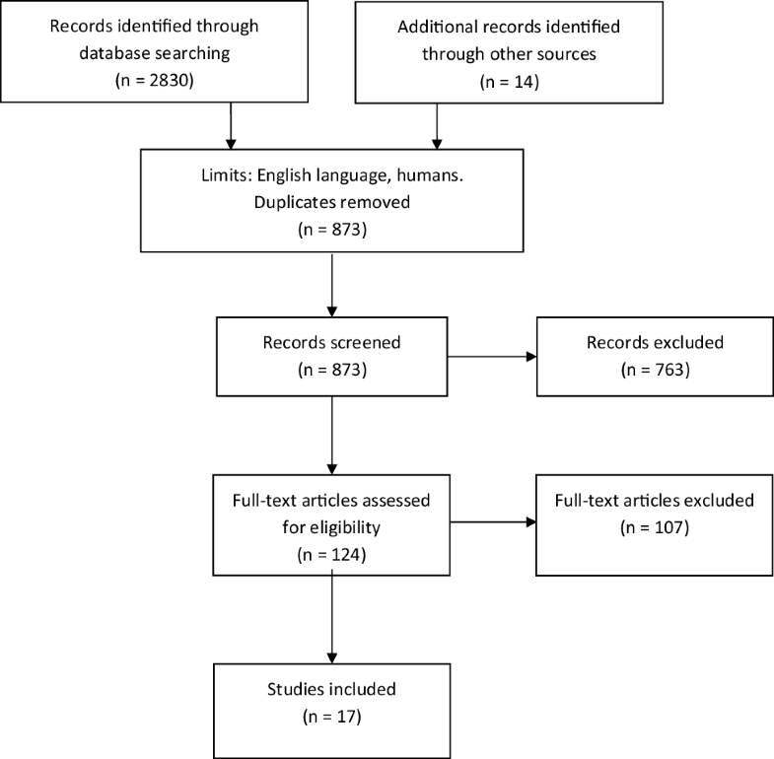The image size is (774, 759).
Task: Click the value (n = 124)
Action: click(x=332, y=555)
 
